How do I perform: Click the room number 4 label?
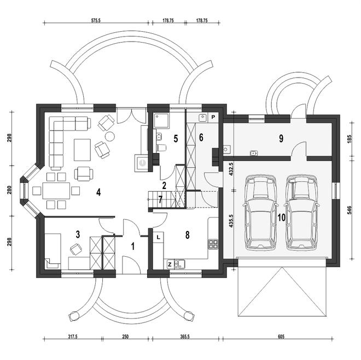tap(98, 192)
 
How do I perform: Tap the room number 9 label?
tap(281, 139)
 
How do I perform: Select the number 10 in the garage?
tap(281, 217)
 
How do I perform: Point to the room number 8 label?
tap(187, 235)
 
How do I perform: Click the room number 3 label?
tap(78, 234)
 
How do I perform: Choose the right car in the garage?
tap(300, 211)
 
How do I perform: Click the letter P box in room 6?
tap(213, 117)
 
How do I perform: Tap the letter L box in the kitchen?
tap(158, 237)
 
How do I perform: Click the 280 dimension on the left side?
tap(9, 191)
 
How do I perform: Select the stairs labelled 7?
tap(160, 200)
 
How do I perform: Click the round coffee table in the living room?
tap(109, 136)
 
